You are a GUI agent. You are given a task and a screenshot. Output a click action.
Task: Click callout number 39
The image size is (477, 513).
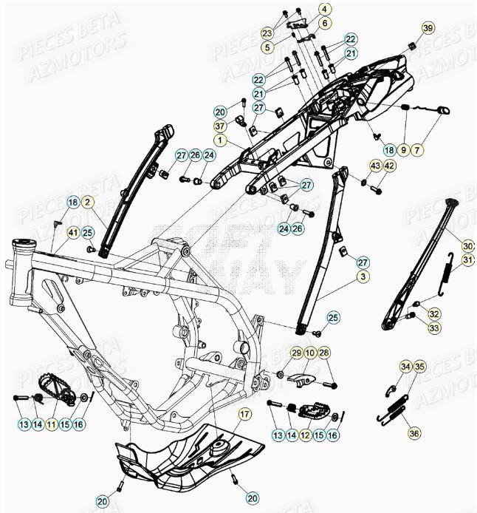point(428,28)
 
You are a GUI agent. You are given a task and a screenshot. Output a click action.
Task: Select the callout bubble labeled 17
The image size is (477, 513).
point(244,415)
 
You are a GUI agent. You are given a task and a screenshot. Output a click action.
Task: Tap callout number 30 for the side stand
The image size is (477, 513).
point(467,245)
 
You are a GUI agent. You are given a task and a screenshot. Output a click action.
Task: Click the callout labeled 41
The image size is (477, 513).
point(72,233)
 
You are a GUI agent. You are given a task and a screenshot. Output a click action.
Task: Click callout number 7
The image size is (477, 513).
point(418,150)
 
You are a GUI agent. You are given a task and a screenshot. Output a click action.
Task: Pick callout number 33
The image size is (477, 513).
point(433,327)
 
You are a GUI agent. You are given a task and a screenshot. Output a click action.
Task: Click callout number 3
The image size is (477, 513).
point(363,276)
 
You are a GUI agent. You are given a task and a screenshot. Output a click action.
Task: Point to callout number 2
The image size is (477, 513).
point(87,202)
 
